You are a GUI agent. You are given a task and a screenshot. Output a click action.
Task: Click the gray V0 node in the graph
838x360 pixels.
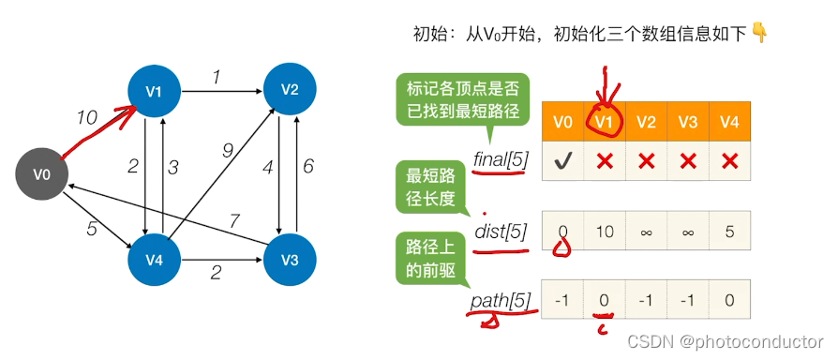[x=41, y=174]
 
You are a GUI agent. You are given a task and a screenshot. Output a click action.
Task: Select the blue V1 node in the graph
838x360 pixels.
[x=154, y=91]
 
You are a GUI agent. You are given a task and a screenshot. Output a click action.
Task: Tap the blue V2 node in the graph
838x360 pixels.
[x=290, y=90]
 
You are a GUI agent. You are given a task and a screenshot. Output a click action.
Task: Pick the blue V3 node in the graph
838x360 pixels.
[x=290, y=261]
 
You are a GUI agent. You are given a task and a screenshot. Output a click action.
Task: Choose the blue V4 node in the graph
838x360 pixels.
[x=154, y=261]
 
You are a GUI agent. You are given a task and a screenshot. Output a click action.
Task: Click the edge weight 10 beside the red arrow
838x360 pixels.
[x=87, y=117]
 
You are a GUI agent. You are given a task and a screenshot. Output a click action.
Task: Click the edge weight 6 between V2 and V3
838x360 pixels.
[x=307, y=167]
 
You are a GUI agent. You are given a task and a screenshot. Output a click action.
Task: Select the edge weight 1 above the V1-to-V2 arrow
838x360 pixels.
[x=216, y=78]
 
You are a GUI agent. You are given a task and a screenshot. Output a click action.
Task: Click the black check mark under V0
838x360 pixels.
[x=562, y=160]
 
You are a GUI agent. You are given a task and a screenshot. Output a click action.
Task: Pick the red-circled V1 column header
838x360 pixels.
[x=604, y=122]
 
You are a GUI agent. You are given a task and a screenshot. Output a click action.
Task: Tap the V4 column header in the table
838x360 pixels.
[x=729, y=122]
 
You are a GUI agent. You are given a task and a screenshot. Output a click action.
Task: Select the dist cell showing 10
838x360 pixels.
[x=605, y=231]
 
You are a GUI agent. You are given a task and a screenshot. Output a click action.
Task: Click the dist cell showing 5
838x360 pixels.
[x=730, y=231]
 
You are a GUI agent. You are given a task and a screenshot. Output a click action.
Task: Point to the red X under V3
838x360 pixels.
[x=688, y=160]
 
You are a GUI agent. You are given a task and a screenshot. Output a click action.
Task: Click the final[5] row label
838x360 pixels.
[x=501, y=159]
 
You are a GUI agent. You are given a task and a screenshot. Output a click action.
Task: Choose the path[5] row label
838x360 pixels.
[x=501, y=302]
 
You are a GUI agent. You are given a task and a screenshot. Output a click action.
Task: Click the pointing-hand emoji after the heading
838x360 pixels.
[x=759, y=34]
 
